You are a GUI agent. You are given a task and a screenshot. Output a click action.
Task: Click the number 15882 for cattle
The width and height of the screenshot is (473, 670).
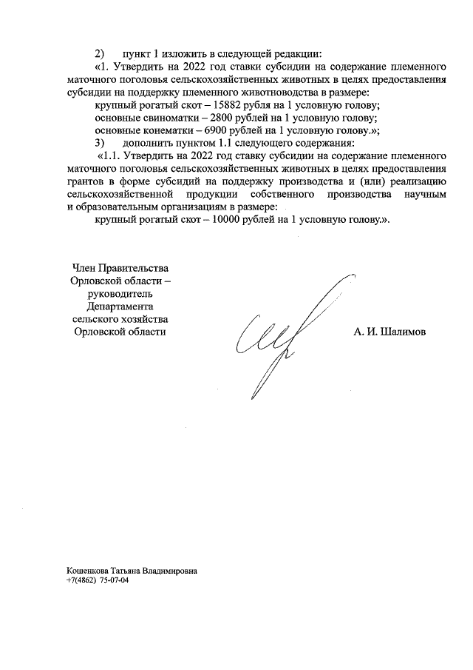point(227,106)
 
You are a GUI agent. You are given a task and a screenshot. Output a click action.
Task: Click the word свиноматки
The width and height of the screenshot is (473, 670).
point(171,118)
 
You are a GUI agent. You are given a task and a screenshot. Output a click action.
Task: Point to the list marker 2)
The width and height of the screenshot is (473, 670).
point(101,55)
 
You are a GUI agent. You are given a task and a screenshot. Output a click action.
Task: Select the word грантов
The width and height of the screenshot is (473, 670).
point(86,181)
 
